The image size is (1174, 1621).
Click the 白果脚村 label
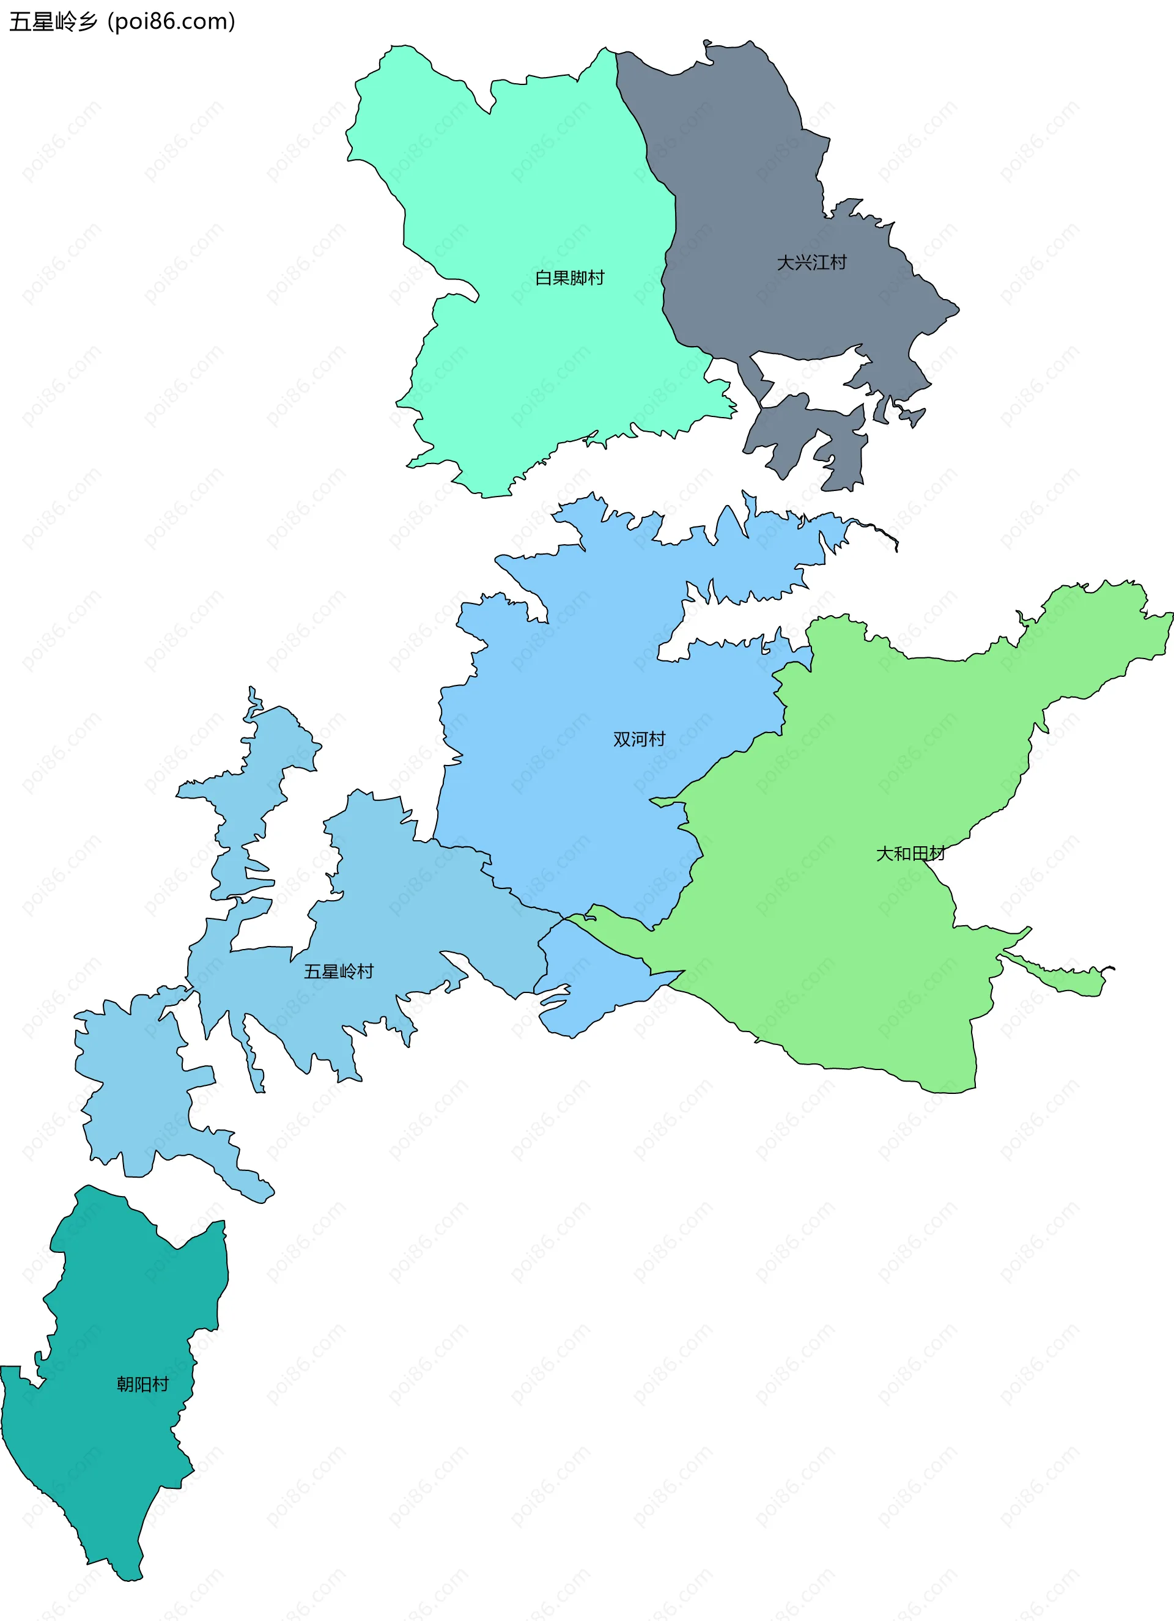[x=569, y=278]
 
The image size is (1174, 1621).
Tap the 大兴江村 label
[x=812, y=263]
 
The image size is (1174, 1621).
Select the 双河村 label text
[x=639, y=739]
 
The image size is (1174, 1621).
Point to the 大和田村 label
[x=910, y=854]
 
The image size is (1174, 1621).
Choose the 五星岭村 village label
[x=339, y=971]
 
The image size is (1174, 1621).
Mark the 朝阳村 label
[x=143, y=1384]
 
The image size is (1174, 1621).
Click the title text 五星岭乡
[x=54, y=22]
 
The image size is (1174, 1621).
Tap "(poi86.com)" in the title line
[x=171, y=22]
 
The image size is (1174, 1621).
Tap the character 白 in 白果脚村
[x=544, y=278]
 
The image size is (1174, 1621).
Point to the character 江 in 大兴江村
[x=821, y=263]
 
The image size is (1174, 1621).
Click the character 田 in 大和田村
[x=919, y=854]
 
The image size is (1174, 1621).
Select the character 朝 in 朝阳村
[x=126, y=1384]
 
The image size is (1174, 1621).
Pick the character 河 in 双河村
[x=639, y=739]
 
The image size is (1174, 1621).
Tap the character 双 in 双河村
[x=622, y=739]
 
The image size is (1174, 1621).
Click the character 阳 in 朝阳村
[x=143, y=1384]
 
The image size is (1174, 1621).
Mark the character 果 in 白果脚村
[x=561, y=278]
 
